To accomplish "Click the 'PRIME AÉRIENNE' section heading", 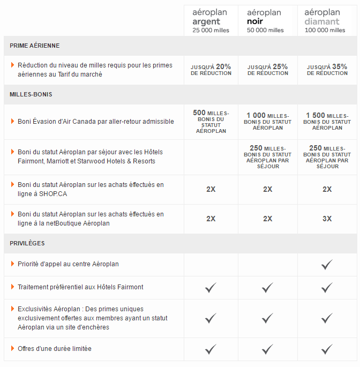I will (35, 46).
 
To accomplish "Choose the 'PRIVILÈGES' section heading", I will (27, 243).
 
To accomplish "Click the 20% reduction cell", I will (211, 70).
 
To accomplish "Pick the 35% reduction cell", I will (327, 70).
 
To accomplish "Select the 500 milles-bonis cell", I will (211, 122).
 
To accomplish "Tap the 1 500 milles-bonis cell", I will (327, 122).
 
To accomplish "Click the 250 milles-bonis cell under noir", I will (267, 157).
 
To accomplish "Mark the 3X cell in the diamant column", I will (327, 219).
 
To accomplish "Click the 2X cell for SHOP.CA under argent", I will (211, 189).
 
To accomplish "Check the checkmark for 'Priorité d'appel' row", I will (327, 265).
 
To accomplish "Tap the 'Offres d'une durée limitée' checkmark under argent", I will (211, 349).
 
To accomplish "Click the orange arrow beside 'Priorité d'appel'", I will (12, 264).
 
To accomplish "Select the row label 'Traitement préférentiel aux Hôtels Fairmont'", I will (80, 287).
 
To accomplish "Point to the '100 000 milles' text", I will (325, 31).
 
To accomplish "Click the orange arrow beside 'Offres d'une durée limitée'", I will (12, 349).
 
